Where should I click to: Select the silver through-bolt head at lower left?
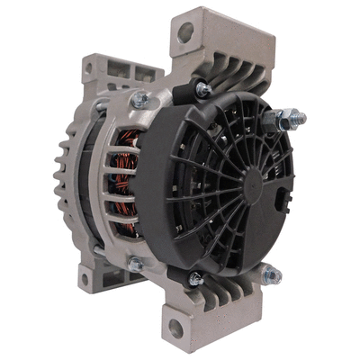click(135, 265)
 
